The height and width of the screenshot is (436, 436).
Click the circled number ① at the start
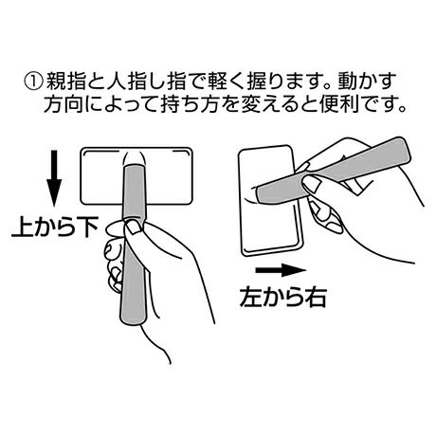coord(33,82)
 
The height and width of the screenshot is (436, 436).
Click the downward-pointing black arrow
coord(54,178)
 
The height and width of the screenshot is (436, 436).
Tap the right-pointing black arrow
coord(281,270)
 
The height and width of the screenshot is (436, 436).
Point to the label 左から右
coord(282,297)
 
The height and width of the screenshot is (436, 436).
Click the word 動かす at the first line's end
coord(368,82)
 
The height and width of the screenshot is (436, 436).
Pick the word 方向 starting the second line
coord(64,104)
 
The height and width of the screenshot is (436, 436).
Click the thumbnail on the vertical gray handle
coord(134,227)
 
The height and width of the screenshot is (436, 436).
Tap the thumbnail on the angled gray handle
coord(312,184)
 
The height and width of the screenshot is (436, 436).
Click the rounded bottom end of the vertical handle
coord(133,321)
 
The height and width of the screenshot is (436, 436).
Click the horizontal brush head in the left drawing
coord(136,176)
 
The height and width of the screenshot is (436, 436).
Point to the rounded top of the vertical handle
coord(135,167)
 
